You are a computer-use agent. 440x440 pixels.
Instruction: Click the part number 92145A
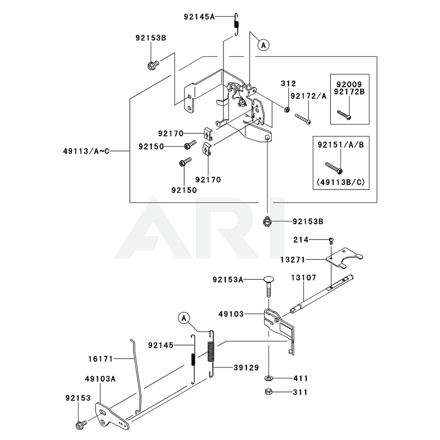pos(199,17)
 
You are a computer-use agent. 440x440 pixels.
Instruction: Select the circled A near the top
pos(263,45)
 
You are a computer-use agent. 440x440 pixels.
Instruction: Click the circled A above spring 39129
pos(184,317)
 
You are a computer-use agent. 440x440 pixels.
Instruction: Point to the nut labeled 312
pos(286,109)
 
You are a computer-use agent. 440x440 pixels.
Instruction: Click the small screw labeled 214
pos(331,240)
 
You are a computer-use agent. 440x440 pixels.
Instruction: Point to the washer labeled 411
pos(268,378)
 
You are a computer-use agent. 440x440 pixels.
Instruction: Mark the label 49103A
pos(101,379)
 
